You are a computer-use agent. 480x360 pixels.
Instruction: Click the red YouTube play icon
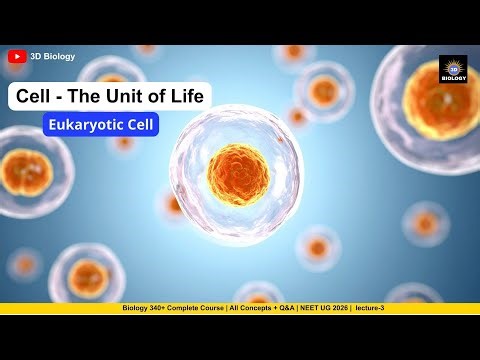16,57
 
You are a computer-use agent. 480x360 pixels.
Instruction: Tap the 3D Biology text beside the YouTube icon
52,57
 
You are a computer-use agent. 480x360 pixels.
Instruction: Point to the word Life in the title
187,97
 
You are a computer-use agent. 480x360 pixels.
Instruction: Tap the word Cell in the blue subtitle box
139,126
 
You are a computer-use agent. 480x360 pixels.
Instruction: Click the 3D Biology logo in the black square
453,69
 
